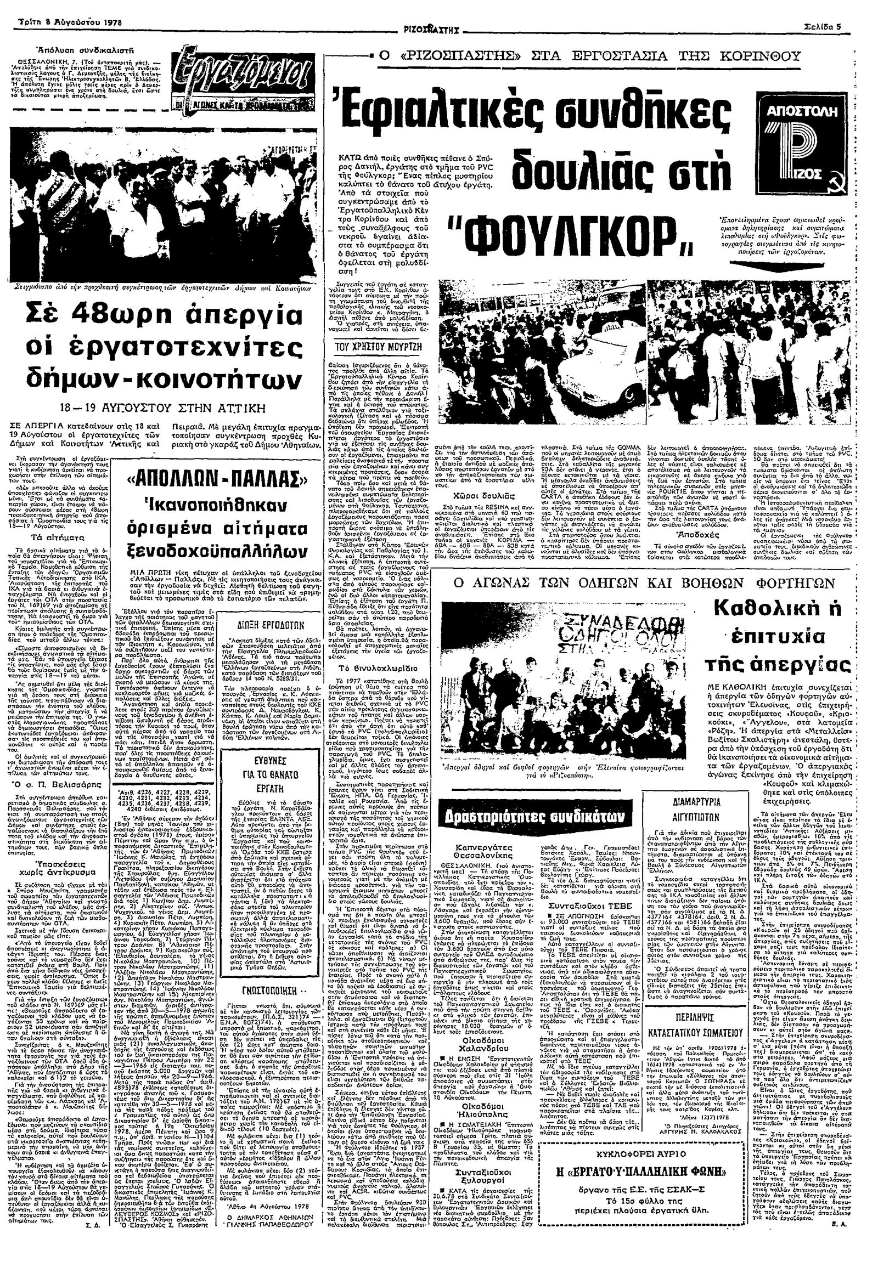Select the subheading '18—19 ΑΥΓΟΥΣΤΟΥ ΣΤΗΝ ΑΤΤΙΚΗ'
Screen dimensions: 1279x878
(x=164, y=409)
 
